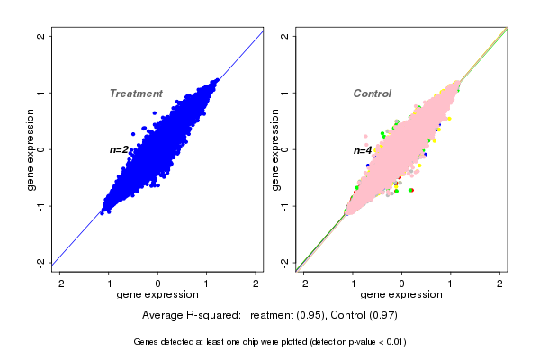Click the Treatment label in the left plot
point(136,94)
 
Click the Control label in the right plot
point(372,94)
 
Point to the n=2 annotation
point(120,149)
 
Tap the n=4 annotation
point(363,150)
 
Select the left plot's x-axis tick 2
point(256,283)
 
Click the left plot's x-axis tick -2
point(59,283)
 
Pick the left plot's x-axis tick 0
point(158,283)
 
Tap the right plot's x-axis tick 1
point(451,283)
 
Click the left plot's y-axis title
point(31,149)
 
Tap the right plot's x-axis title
point(401,295)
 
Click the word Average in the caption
point(164,316)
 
